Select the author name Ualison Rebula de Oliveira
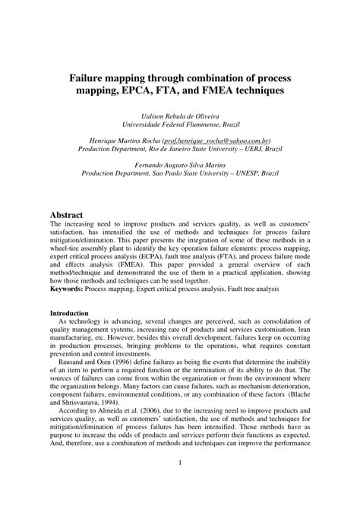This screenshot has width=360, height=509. pyautogui.click(x=180, y=115)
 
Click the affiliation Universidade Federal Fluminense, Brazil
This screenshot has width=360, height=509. pyautogui.click(x=180, y=124)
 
